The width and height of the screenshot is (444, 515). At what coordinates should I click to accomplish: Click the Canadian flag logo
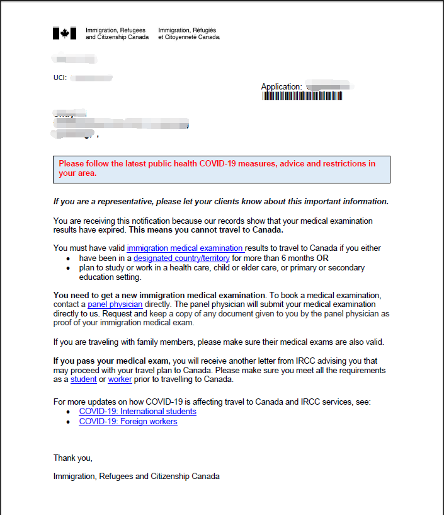pos(64,33)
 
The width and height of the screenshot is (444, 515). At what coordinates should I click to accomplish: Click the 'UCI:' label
pos(60,78)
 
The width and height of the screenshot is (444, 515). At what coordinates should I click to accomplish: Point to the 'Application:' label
pos(282,86)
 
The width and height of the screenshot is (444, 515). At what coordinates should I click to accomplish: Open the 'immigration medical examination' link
pos(185,248)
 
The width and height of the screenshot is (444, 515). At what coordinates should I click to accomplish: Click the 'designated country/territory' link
pos(181,258)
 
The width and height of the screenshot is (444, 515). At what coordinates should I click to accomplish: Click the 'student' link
pos(83,379)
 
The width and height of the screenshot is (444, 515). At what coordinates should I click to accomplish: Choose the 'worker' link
pos(120,379)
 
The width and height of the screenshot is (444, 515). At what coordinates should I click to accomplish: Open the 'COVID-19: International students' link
pos(137,412)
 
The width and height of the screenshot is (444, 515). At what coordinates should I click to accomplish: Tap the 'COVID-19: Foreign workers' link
pos(128,422)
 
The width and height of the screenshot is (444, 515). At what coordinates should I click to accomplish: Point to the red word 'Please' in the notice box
pos(72,164)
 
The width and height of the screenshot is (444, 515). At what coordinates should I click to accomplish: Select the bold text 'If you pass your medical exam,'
pos(111,361)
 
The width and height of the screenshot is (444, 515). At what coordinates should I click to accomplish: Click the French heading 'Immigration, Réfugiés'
pos(187,30)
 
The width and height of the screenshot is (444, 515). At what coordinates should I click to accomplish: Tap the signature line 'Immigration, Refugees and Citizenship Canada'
pos(136,477)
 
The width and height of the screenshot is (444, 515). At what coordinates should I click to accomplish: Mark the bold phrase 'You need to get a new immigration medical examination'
pos(159,294)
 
